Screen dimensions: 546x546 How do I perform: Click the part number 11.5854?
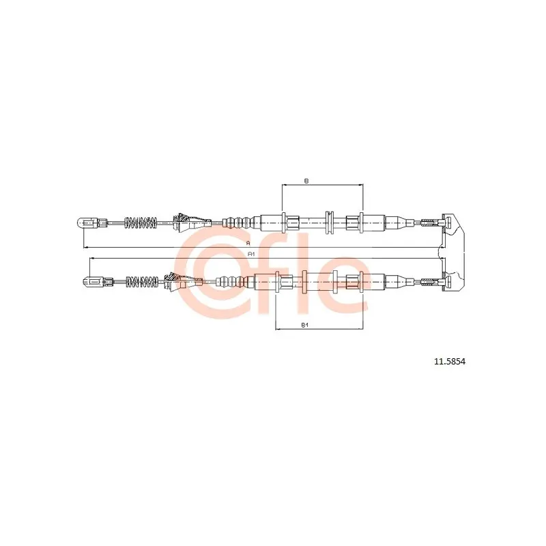[449, 362]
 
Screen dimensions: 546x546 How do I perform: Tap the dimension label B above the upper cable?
[306, 181]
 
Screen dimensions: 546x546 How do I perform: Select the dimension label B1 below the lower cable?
[305, 325]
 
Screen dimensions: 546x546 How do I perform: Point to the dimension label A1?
[251, 254]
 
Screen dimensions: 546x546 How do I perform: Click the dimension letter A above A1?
[248, 242]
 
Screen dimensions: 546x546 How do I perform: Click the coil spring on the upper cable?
[141, 223]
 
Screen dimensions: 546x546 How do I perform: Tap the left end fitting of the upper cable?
[91, 222]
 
